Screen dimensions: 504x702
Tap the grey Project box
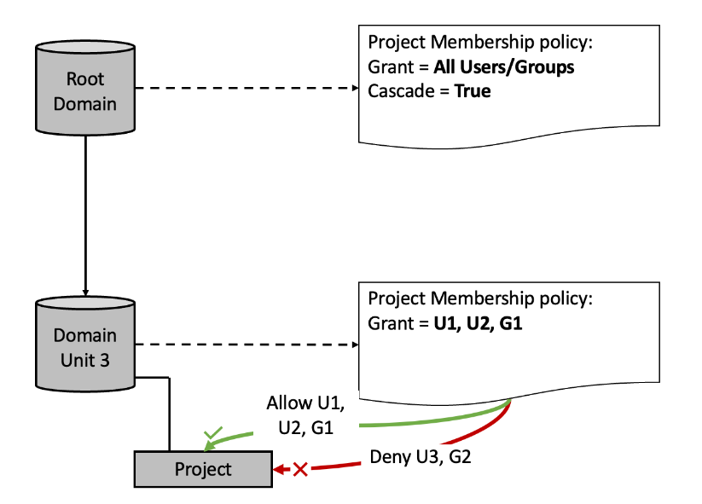click(x=203, y=470)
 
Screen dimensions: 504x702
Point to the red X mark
click(x=300, y=469)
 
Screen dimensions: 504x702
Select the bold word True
click(x=473, y=90)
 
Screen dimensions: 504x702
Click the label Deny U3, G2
click(x=421, y=457)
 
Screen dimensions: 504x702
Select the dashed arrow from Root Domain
click(x=247, y=88)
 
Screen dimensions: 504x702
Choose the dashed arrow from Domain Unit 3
click(x=247, y=345)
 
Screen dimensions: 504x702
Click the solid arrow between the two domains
click(x=85, y=213)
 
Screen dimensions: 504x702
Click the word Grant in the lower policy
click(x=389, y=323)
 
